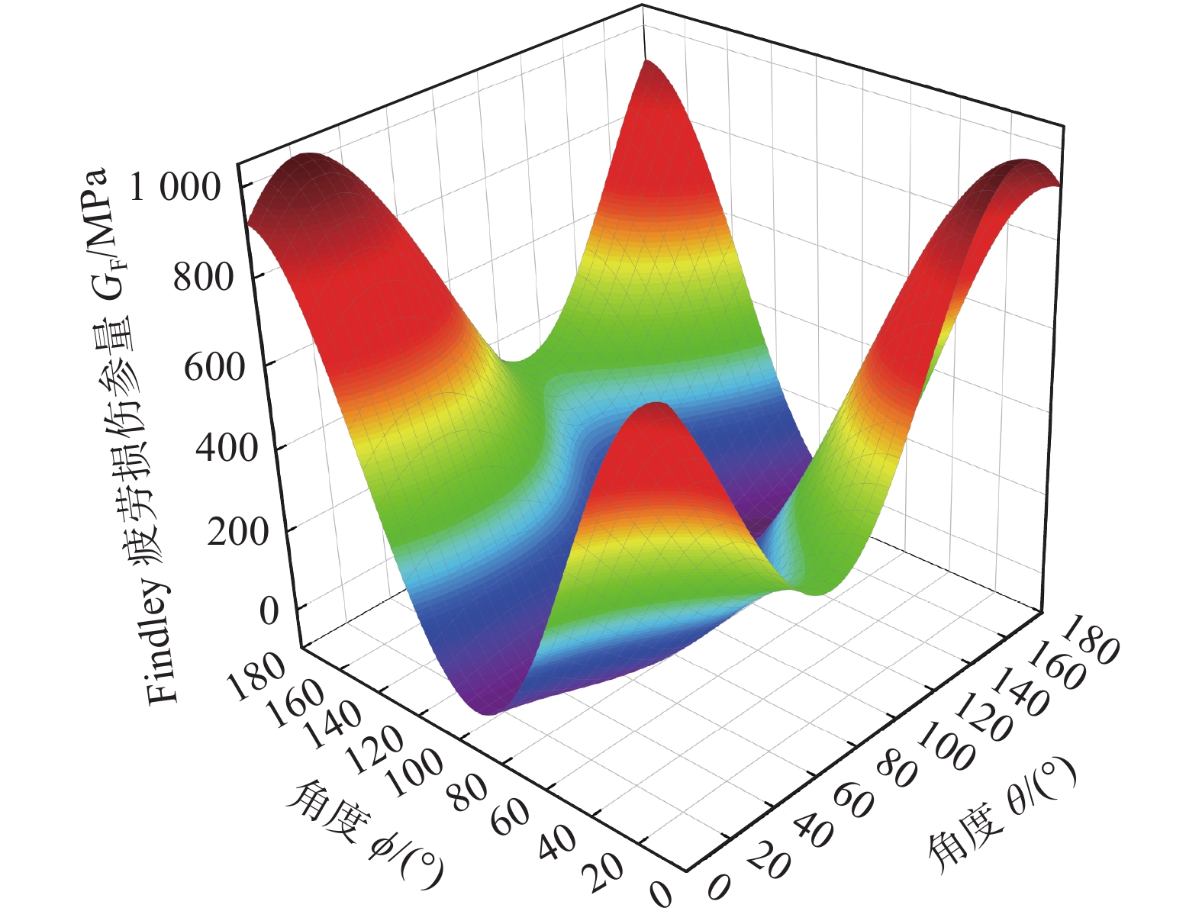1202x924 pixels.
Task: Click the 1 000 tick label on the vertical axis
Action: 176,188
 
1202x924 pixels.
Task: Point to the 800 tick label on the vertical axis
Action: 203,277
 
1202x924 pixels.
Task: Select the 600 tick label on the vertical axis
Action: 214,368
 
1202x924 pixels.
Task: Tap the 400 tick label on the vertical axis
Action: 226,449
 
